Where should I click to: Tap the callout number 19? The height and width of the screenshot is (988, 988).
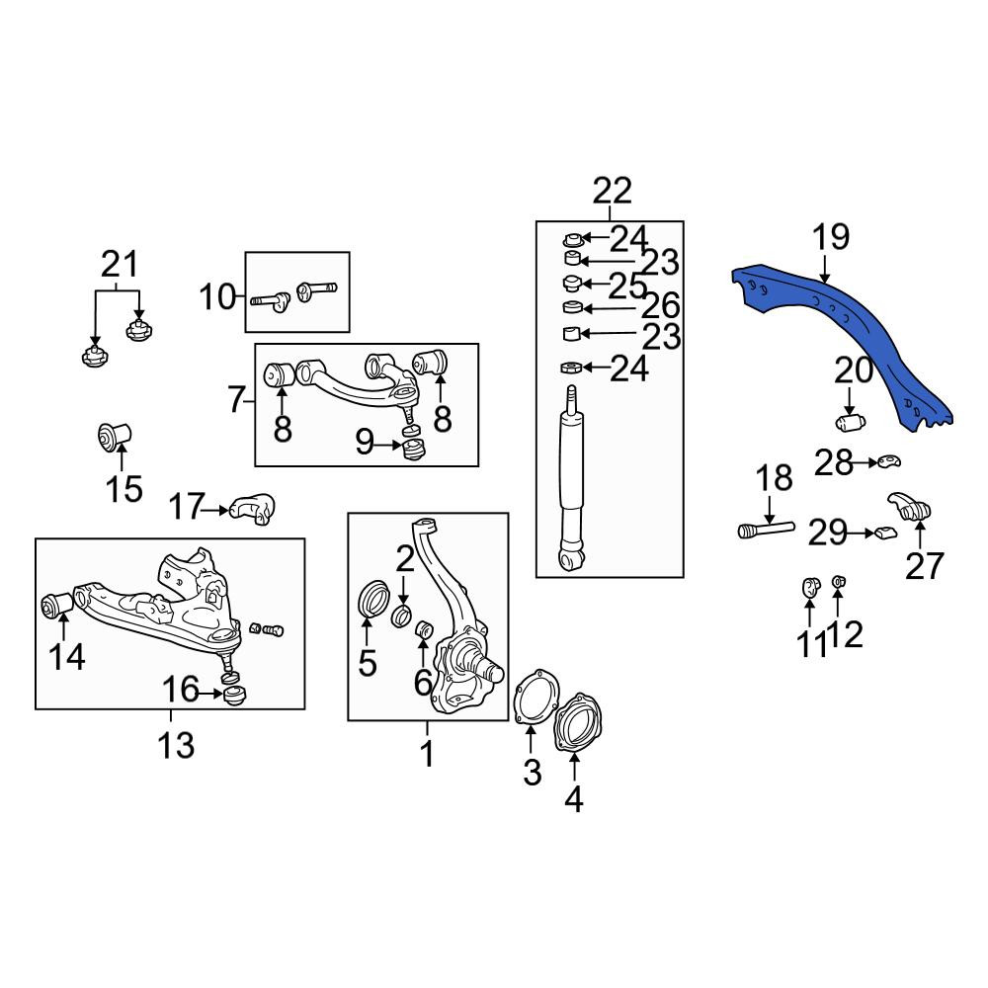point(831,237)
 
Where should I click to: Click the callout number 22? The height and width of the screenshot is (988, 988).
point(612,191)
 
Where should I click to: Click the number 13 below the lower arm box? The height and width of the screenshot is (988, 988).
point(176,745)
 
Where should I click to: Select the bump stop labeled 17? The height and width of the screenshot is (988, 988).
point(253,509)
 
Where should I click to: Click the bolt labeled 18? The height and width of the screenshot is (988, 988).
point(766,529)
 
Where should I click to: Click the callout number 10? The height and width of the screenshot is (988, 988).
point(217,296)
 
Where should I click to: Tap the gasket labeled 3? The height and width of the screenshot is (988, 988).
point(536,697)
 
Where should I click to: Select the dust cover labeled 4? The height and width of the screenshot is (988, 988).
point(577,723)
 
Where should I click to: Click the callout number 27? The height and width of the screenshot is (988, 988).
point(925,565)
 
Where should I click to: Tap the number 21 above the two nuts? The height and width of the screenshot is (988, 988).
point(120,264)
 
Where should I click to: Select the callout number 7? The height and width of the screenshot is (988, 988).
point(236,399)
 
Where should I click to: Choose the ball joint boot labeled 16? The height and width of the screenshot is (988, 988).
point(235,696)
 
